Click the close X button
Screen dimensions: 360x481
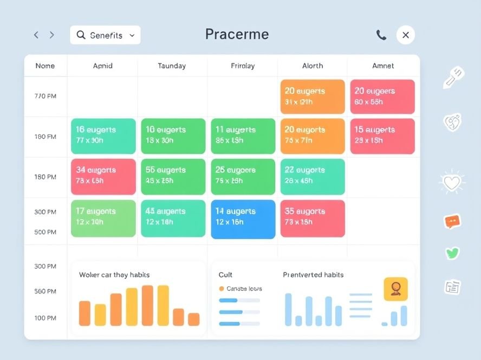tap(405, 35)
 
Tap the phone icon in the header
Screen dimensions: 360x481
tap(381, 35)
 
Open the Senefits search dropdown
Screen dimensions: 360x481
tap(105, 35)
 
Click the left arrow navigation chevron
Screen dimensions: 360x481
tap(36, 35)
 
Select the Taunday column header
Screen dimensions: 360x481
tap(172, 66)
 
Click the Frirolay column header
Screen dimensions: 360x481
tap(242, 66)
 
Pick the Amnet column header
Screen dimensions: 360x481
tap(383, 66)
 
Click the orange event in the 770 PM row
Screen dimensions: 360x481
tap(313, 97)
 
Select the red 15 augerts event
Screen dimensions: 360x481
tap(382, 136)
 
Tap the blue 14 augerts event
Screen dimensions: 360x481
tap(243, 218)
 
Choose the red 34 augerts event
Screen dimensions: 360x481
tap(103, 176)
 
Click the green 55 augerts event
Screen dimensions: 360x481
tap(173, 176)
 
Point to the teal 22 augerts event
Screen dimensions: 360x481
tap(313, 176)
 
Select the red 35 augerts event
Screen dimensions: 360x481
tap(313, 218)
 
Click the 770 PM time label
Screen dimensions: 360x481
tap(45, 97)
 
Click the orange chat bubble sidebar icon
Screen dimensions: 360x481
tap(452, 221)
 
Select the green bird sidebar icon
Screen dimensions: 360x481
tap(452, 253)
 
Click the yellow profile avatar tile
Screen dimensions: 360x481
tap(395, 290)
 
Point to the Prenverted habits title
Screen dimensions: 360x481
tap(313, 275)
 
